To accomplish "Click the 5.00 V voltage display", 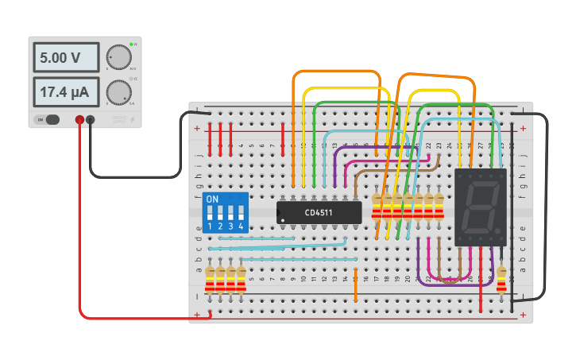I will pyautogui.click(x=65, y=58).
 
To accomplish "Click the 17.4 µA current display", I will pyautogui.click(x=65, y=93).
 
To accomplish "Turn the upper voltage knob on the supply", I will pyautogui.click(x=118, y=57).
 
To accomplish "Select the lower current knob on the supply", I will pyautogui.click(x=118, y=92).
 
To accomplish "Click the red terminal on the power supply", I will pyautogui.click(x=79, y=120).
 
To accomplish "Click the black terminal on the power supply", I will pyautogui.click(x=91, y=120).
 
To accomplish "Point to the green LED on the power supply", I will pyautogui.click(x=131, y=45).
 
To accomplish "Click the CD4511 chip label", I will pyautogui.click(x=319, y=212).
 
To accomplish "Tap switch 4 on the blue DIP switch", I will pyautogui.click(x=240, y=213).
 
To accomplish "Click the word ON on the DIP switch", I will pyautogui.click(x=212, y=199).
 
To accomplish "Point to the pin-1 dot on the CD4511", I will pyautogui.click(x=282, y=219).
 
